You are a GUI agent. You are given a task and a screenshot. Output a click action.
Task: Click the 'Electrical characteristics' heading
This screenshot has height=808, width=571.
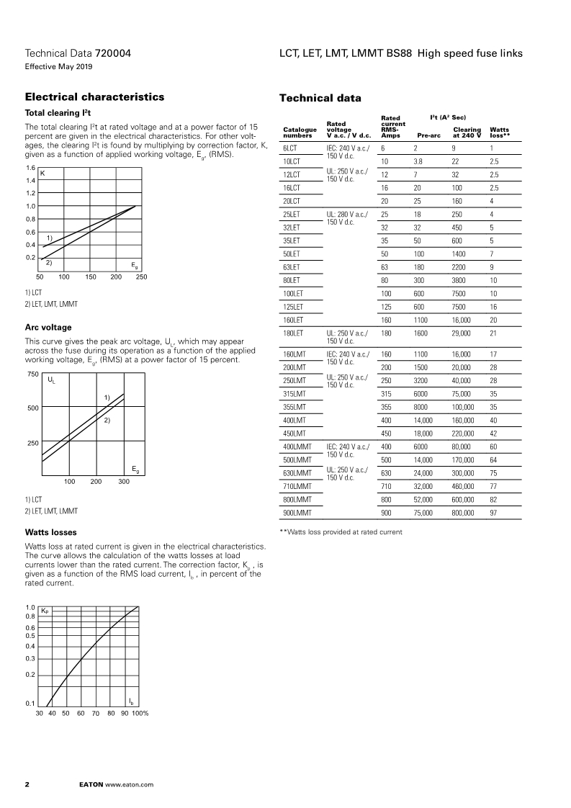click(94, 97)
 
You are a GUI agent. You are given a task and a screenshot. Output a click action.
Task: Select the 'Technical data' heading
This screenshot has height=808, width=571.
click(320, 98)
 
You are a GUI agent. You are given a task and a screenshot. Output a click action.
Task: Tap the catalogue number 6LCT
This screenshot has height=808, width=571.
click(291, 147)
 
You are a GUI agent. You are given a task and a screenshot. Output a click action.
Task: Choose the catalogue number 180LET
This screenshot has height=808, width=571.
click(293, 333)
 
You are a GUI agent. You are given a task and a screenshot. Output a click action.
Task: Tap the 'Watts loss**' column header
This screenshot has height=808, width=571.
click(500, 132)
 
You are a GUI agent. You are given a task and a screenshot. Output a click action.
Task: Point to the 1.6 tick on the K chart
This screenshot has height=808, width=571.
click(30, 168)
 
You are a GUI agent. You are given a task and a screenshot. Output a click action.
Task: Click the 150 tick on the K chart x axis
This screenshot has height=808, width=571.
click(91, 277)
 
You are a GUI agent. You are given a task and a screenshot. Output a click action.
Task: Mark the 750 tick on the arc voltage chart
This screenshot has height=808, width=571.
click(32, 374)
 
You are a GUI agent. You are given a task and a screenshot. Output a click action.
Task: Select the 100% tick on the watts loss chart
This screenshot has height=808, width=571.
click(140, 713)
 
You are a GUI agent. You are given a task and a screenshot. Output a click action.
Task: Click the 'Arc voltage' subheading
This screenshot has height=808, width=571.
click(48, 327)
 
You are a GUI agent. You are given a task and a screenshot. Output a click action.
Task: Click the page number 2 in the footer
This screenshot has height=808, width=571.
click(27, 784)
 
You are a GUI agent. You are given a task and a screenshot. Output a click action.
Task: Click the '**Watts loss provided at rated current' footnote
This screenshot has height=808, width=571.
click(341, 531)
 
